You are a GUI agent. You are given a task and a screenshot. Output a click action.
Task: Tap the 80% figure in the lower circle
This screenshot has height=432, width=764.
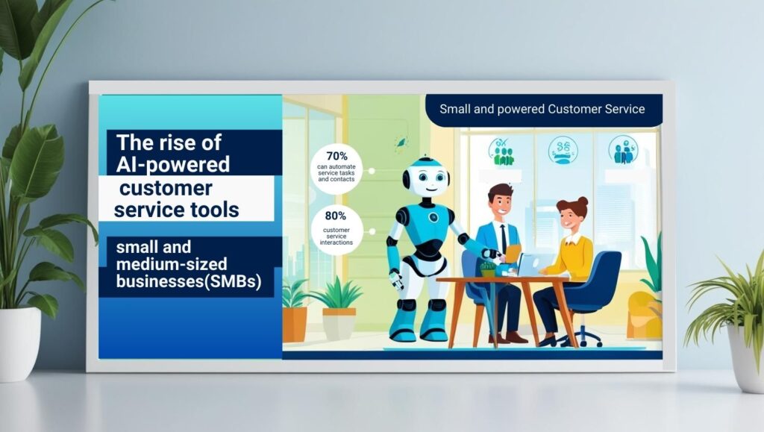pos(335,216)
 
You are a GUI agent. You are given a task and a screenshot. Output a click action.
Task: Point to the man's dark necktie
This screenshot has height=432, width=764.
pos(504,239)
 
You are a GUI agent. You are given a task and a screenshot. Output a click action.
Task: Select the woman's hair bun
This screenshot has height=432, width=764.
pos(582,202)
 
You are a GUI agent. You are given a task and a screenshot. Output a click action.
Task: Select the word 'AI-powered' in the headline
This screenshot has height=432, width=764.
pos(172,164)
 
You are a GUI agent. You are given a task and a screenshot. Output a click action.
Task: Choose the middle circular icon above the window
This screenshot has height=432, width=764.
pos(563,150)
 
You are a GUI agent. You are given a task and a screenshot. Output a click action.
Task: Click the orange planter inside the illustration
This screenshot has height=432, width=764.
pos(295,324)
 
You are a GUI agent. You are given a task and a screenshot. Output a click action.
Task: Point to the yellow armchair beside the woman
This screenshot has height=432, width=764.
pos(643,313)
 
